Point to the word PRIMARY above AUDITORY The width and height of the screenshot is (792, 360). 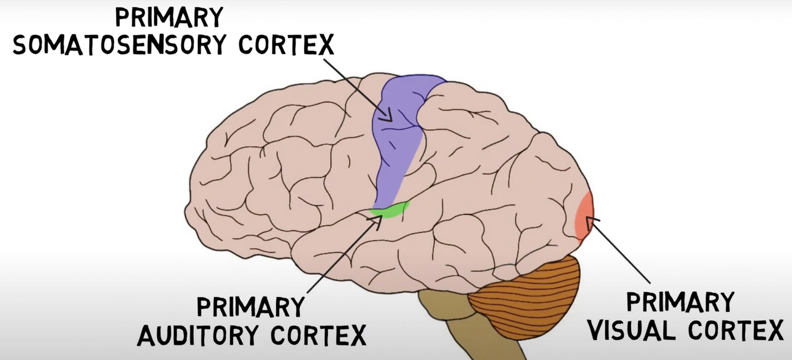click(250, 308)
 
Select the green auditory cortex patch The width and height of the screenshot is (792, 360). click(389, 210)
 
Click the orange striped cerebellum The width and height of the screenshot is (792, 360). click(522, 294)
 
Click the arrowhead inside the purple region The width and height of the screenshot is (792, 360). click(389, 116)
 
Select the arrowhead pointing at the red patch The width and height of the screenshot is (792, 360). click(590, 222)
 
